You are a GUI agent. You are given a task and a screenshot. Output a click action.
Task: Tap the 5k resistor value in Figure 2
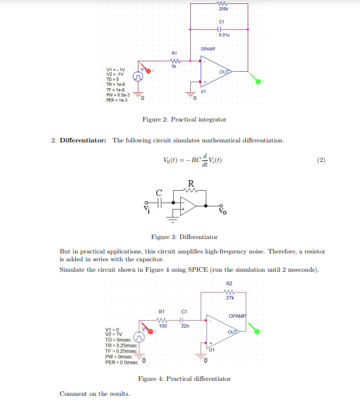[x=174, y=66]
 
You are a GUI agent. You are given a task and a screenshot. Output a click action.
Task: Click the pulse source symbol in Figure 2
[x=138, y=77]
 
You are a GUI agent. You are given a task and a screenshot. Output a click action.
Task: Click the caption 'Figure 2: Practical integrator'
[x=184, y=120]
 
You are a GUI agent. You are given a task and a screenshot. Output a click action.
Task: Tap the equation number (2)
[x=320, y=159]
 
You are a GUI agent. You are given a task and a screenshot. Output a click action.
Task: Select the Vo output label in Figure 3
[x=223, y=211]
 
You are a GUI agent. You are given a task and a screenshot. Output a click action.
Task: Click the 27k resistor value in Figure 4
[x=229, y=299]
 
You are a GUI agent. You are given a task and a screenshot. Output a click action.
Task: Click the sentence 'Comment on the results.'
[x=94, y=393]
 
